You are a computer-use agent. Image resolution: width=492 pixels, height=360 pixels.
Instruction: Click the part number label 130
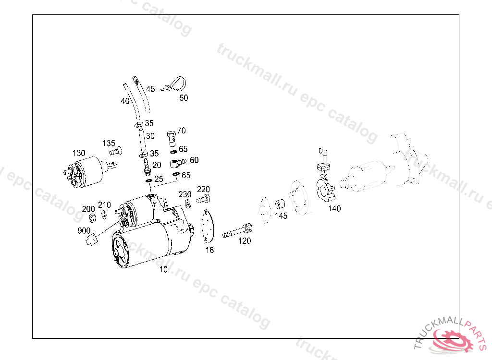(79, 153)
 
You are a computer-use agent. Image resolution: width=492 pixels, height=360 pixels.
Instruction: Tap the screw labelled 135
(116, 152)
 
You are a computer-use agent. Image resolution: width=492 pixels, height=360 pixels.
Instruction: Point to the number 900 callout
(84, 231)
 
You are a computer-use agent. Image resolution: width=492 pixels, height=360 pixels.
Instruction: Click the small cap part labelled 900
(92, 239)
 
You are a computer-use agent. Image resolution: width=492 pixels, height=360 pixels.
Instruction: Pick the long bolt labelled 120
(237, 231)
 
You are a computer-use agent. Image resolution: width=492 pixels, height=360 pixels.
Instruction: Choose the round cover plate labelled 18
(207, 226)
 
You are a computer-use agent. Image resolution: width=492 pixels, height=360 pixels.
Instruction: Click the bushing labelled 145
(280, 204)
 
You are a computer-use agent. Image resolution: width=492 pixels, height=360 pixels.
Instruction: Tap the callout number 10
(163, 269)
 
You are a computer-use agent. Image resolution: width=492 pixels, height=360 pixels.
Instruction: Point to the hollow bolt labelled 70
(172, 138)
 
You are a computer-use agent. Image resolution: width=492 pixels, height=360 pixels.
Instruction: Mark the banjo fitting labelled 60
(178, 163)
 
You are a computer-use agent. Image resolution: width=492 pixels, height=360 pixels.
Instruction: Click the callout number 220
(203, 189)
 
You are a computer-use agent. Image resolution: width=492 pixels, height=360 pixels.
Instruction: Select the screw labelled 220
(203, 199)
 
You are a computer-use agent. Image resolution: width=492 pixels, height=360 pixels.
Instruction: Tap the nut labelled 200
(93, 217)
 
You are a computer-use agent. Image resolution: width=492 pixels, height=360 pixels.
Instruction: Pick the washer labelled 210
(104, 215)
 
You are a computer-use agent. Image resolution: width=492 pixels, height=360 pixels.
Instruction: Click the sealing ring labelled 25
(149, 180)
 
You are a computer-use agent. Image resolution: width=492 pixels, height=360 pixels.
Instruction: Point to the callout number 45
(150, 89)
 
